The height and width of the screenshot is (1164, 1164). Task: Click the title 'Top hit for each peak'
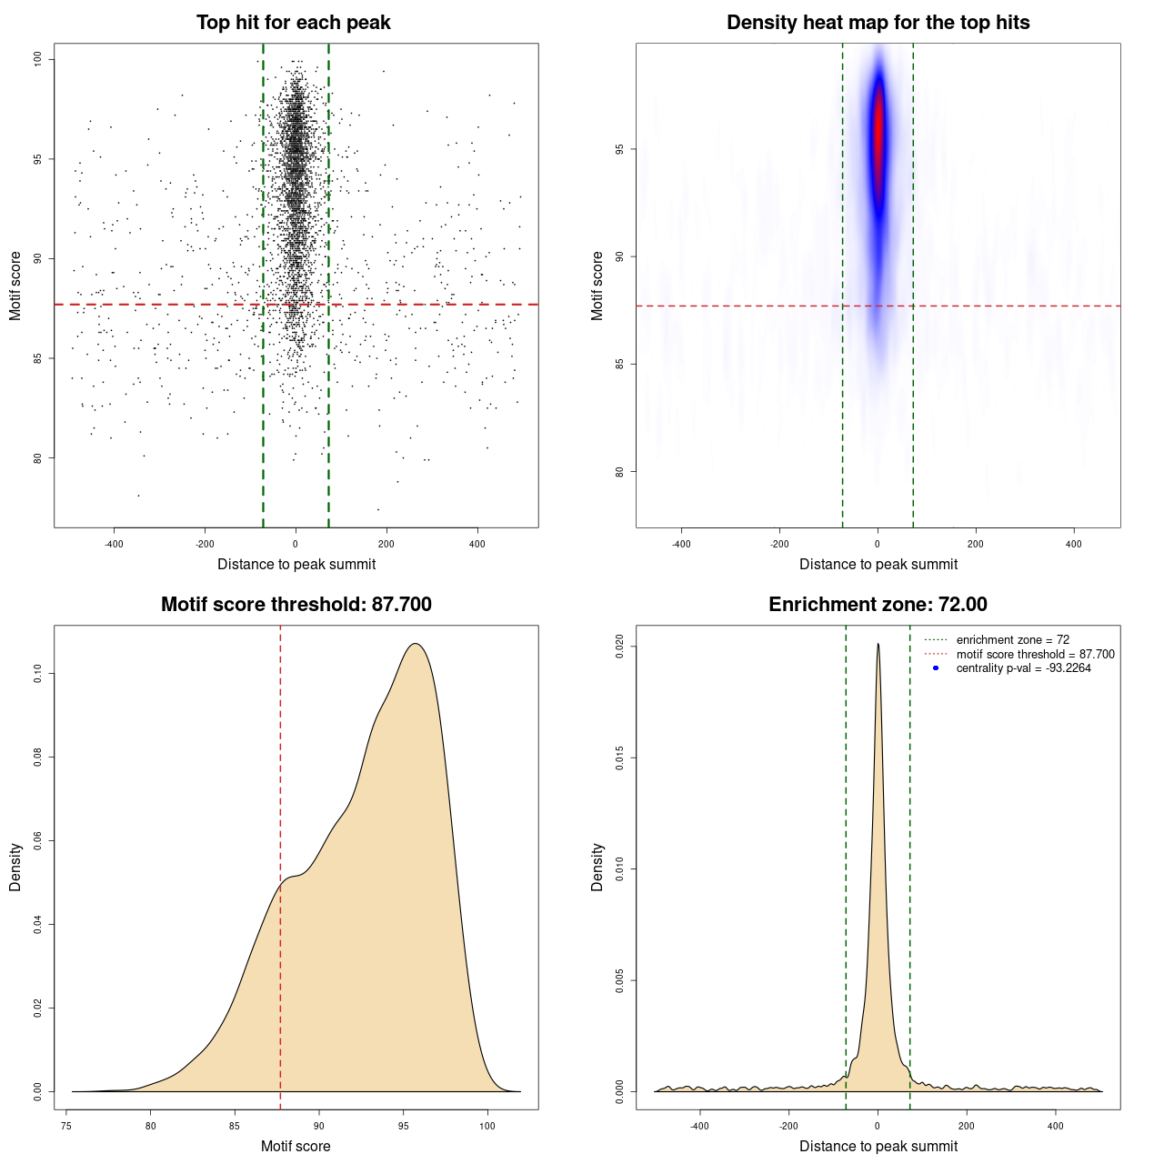(x=293, y=23)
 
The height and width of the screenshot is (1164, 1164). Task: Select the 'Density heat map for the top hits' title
(x=878, y=23)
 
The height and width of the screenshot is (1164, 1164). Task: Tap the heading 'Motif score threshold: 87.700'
(x=296, y=605)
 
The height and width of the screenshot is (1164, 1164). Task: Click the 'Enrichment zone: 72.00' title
(x=878, y=605)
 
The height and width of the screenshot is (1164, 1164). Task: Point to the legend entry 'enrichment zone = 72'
(x=1012, y=640)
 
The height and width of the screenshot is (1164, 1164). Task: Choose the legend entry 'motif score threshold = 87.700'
(x=1035, y=655)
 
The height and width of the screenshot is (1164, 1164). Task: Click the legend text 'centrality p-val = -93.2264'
(x=1023, y=668)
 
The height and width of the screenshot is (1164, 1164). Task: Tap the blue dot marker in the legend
(x=936, y=668)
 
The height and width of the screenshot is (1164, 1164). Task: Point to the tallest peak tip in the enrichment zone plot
(x=878, y=644)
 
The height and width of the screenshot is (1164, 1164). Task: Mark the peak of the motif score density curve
(x=416, y=644)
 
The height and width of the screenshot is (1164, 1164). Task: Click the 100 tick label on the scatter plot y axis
(x=38, y=59)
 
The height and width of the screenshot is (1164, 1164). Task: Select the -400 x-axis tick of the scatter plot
(x=114, y=545)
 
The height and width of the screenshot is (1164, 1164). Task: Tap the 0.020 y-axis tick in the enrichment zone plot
(x=620, y=647)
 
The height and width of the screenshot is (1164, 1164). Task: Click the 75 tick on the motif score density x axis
(x=66, y=1127)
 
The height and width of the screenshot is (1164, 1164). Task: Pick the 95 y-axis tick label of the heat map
(x=620, y=149)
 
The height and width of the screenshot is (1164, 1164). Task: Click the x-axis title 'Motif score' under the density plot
(x=296, y=1147)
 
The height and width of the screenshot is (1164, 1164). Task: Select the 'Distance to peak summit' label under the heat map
(x=878, y=565)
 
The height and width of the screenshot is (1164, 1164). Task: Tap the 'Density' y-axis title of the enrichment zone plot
(x=597, y=867)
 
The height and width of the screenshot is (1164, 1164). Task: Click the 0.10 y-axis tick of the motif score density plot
(x=38, y=674)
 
